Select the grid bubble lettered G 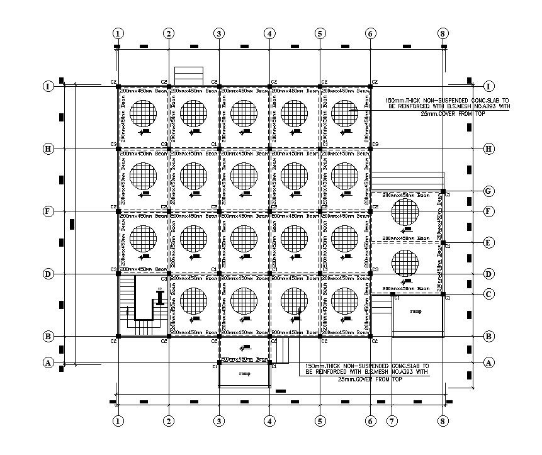488,191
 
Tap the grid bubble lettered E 488,242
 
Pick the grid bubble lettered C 488,294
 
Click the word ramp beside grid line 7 415,311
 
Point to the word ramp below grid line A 245,373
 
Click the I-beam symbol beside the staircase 161,298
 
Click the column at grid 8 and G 443,191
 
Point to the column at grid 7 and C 392,294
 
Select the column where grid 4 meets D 269,274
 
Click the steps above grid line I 189,74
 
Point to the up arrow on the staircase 127,311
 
